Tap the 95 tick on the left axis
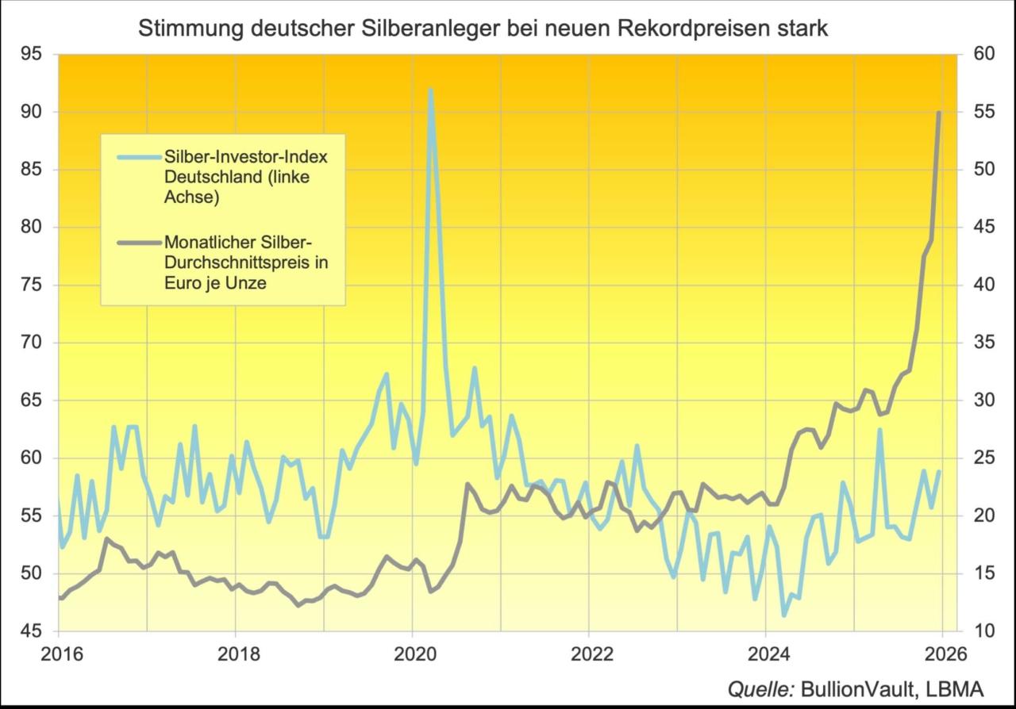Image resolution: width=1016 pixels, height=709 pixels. pos(31,54)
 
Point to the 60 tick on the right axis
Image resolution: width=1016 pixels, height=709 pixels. pos(978,54)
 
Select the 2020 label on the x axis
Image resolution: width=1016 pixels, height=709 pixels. pos(413,655)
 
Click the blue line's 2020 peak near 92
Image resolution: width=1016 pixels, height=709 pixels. pos(430,90)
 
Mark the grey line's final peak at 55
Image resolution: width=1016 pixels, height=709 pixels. pos(940,113)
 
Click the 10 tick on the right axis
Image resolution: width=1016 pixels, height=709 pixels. pos(978,631)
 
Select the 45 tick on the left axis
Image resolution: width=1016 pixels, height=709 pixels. pos(31,631)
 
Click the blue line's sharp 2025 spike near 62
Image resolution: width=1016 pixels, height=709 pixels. pos(879,430)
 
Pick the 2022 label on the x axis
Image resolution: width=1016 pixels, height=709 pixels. pos(589,655)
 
